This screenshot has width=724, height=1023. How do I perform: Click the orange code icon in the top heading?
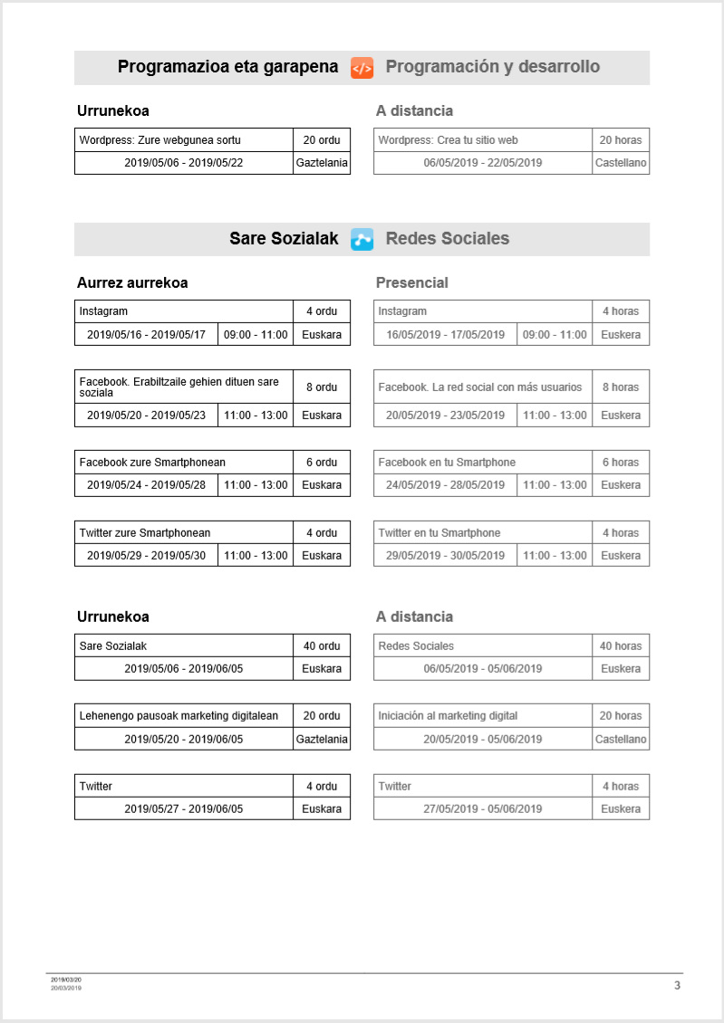tap(362, 68)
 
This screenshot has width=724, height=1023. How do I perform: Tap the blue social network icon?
tap(362, 240)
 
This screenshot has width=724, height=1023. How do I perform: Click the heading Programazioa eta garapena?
tap(227, 67)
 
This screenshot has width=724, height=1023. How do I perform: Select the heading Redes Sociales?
tap(448, 239)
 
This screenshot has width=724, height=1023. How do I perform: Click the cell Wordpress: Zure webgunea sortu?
tap(160, 140)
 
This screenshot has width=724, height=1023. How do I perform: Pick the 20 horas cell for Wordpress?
tap(621, 140)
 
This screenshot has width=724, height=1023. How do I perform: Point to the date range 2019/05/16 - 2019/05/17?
tap(146, 335)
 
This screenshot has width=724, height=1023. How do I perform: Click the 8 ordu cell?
tap(322, 387)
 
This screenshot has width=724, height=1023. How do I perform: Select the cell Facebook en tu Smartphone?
tap(447, 463)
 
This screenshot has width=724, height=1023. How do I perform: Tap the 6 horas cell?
tap(621, 463)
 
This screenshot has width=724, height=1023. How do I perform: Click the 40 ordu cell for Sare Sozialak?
tap(322, 646)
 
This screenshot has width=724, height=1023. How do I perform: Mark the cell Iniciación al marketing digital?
tap(448, 716)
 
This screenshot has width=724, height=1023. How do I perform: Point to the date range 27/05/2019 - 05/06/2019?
tap(483, 809)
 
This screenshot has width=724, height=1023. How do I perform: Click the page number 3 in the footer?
tap(677, 985)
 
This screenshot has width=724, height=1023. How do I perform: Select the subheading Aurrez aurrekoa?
tap(132, 283)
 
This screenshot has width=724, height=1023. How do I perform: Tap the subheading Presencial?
tap(412, 283)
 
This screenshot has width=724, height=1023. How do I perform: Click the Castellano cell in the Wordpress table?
tap(621, 163)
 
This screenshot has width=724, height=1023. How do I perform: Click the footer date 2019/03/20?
tap(66, 980)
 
